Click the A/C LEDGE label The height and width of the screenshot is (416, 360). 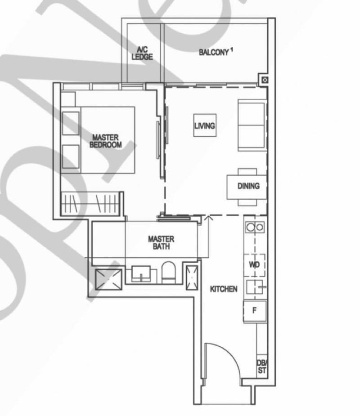(142, 54)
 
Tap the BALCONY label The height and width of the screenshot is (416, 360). (214, 53)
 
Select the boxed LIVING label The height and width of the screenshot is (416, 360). (204, 126)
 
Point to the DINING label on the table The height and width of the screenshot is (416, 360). (248, 185)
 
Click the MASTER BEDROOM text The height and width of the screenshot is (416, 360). (106, 141)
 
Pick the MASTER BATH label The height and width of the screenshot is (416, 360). (161, 243)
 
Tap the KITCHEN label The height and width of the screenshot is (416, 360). (224, 289)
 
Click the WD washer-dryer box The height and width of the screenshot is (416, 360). (255, 265)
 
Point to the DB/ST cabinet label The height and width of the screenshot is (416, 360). (261, 367)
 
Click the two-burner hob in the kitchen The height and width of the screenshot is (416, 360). (255, 228)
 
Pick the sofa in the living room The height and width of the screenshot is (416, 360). (252, 125)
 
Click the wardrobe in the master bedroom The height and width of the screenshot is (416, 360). (91, 203)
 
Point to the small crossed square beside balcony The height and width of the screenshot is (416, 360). (265, 80)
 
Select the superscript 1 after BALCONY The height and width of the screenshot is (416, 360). (232, 50)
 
